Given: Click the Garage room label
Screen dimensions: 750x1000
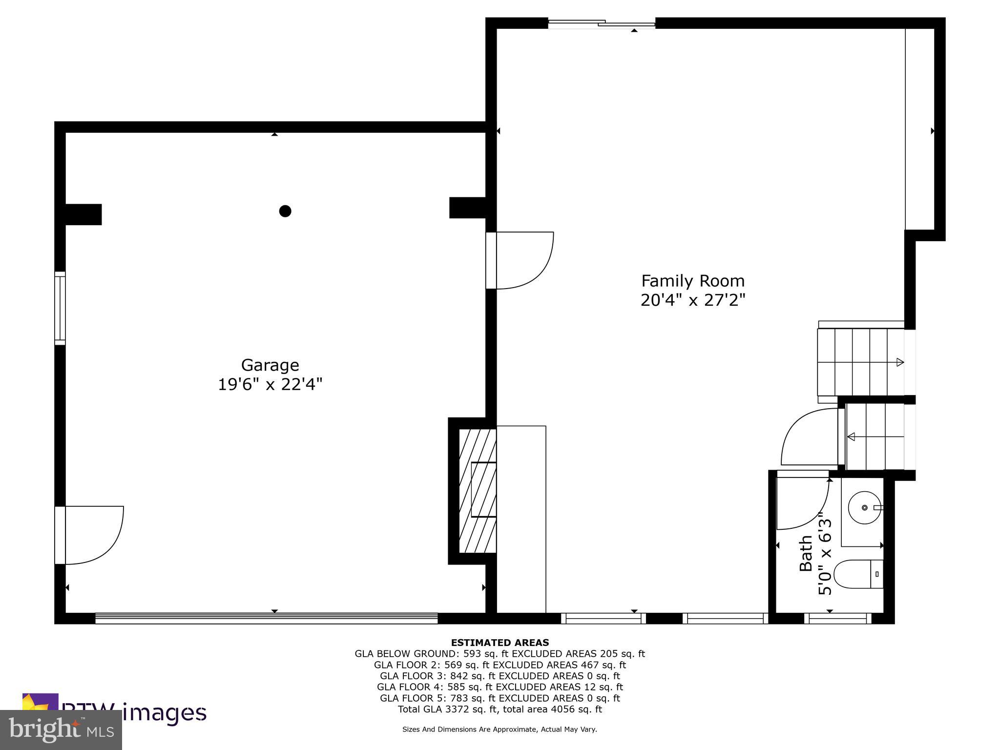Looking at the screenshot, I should click(270, 365).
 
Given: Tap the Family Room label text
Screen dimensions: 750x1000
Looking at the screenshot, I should click(692, 281).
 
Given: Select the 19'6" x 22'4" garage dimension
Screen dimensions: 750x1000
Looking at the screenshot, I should click(270, 385).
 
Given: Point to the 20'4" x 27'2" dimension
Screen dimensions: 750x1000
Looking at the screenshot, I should click(692, 300).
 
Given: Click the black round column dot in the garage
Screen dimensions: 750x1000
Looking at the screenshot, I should click(285, 211).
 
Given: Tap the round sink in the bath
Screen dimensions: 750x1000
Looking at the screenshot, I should click(864, 508).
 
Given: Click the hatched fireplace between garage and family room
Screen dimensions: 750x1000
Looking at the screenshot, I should click(478, 491).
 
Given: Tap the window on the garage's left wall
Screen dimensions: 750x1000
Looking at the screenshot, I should click(60, 308).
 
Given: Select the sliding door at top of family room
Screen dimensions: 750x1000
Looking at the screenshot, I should click(601, 23).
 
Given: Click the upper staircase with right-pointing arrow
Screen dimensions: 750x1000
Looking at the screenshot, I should click(860, 362).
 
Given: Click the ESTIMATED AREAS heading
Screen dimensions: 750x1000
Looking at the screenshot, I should click(500, 643).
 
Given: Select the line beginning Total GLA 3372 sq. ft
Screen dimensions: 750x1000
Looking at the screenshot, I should click(500, 709).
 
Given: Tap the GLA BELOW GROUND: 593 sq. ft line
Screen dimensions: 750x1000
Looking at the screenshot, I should click(500, 654).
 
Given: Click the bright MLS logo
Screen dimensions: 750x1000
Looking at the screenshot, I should click(61, 729).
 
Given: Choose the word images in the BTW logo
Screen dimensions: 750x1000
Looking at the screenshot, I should click(164, 712).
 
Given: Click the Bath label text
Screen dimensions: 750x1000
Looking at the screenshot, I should click(806, 553).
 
